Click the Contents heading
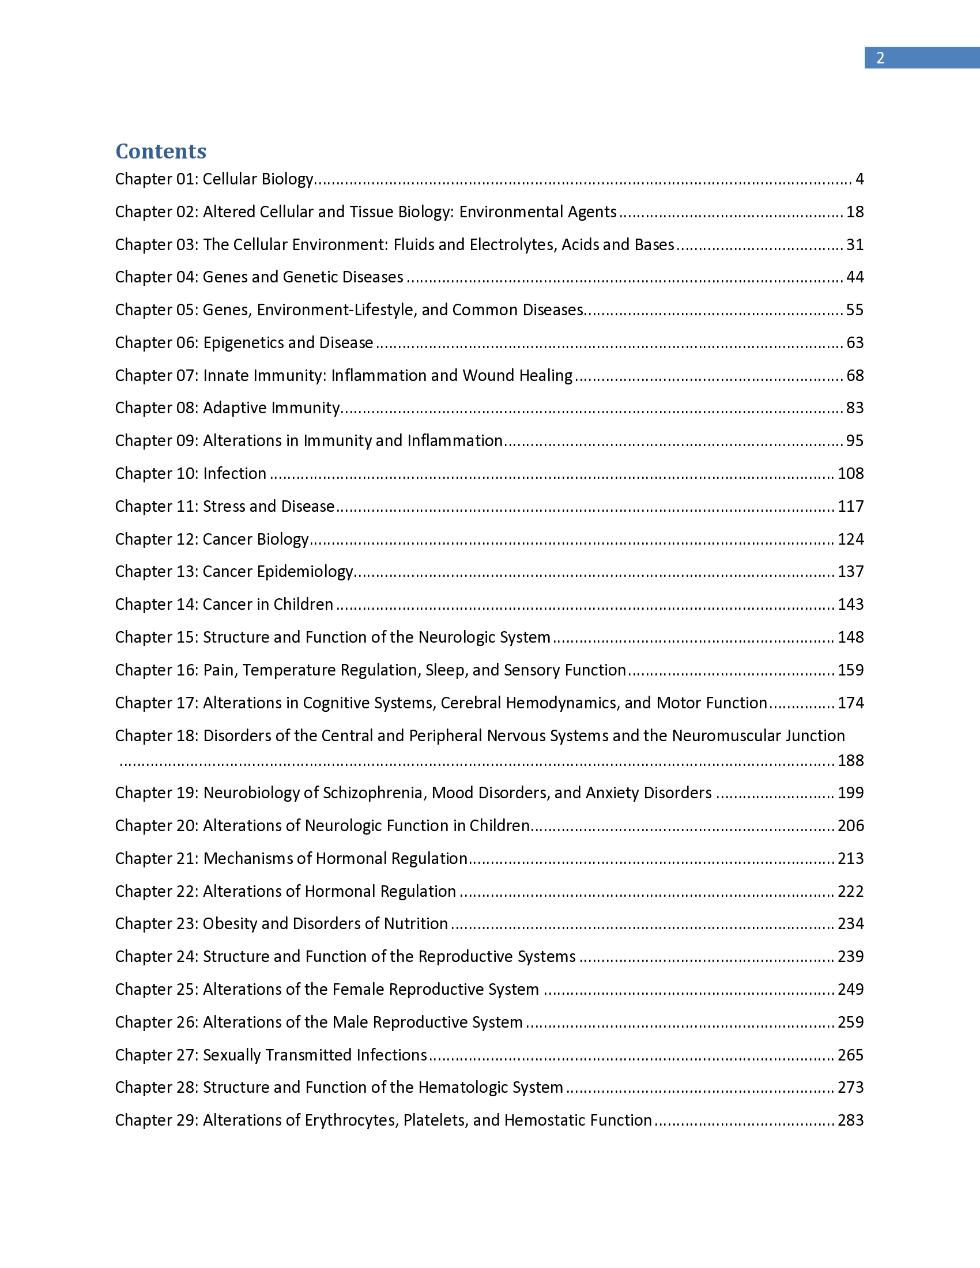tap(161, 151)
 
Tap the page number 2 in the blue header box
tap(880, 58)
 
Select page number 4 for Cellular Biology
tap(860, 179)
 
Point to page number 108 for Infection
tap(850, 474)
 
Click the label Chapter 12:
tap(157, 539)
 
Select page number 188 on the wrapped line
tap(850, 761)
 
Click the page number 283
tap(850, 1120)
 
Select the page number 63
tap(854, 342)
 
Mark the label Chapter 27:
tap(157, 1055)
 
